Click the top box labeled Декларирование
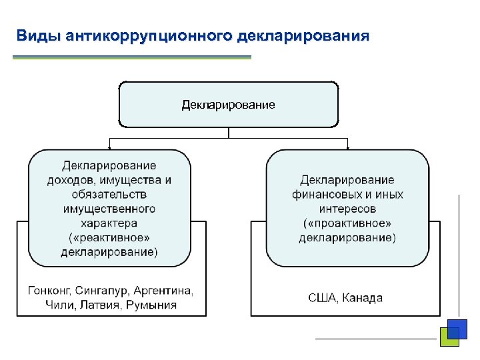click(x=229, y=105)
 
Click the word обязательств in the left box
click(x=109, y=195)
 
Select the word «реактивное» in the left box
click(x=109, y=238)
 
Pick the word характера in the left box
click(x=109, y=223)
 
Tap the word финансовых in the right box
click(x=320, y=195)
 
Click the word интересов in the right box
click(x=347, y=209)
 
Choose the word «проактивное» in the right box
click(x=347, y=223)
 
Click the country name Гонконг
click(x=49, y=291)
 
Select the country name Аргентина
click(x=163, y=291)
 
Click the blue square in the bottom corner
click(x=457, y=329)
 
